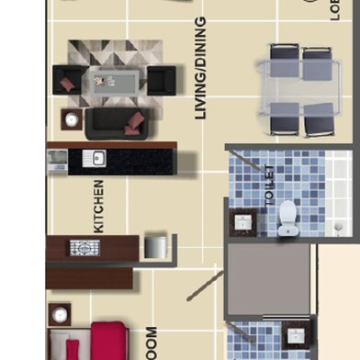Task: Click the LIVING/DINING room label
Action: [x=200, y=68]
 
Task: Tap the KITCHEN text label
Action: [x=99, y=205]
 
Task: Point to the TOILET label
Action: [x=269, y=183]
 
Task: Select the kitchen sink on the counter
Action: [x=95, y=158]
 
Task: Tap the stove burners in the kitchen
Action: [x=84, y=246]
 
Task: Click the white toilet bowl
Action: [x=287, y=214]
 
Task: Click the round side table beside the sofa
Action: [x=70, y=118]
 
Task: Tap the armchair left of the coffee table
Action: [x=67, y=79]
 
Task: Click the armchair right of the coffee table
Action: [x=162, y=80]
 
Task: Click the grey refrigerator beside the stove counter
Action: [x=155, y=246]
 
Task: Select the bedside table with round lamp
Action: [x=60, y=315]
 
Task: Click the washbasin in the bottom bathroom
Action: [x=295, y=335]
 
